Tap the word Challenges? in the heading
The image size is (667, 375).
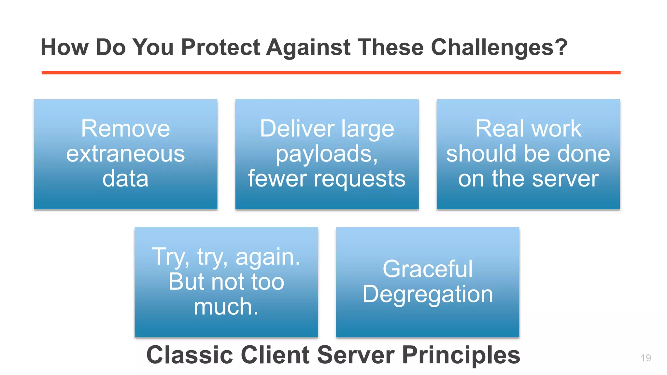499,48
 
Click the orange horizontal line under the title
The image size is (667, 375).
331,73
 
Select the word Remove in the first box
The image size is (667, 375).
125,129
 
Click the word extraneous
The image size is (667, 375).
125,154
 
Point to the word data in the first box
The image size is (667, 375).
125,179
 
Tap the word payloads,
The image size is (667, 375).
327,154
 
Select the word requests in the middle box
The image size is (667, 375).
360,179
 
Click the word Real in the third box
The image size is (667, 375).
499,129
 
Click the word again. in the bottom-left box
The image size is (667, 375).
268,257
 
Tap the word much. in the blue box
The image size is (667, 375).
226,307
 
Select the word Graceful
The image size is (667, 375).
427,269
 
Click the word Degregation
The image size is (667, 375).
427,294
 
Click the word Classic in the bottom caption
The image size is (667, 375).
190,355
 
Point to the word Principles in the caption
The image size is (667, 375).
461,355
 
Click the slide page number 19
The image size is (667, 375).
646,358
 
